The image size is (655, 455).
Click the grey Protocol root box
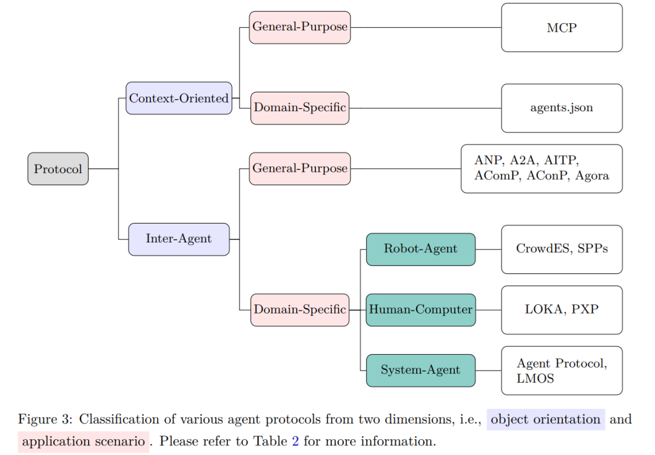pyautogui.click(x=58, y=169)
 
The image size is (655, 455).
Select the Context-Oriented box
pyautogui.click(x=179, y=98)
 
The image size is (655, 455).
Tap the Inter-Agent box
pyautogui.click(x=179, y=239)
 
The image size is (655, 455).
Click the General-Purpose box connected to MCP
pyautogui.click(x=300, y=27)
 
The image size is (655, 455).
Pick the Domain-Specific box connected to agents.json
pyautogui.click(x=300, y=108)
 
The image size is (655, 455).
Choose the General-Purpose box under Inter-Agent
pyautogui.click(x=300, y=168)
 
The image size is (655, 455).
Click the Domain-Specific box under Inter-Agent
pyautogui.click(x=300, y=310)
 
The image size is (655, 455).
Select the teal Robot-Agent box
pyautogui.click(x=420, y=249)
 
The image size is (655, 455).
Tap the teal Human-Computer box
pyautogui.click(x=420, y=310)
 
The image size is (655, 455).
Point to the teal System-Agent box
pyautogui.click(x=420, y=370)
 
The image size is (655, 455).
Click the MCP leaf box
pyautogui.click(x=562, y=28)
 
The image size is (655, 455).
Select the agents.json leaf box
pyautogui.click(x=562, y=108)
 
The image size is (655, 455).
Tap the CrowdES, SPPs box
pyautogui.click(x=562, y=249)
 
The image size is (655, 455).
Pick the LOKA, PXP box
pyautogui.click(x=562, y=310)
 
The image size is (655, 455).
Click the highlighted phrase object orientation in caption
pyautogui.click(x=545, y=420)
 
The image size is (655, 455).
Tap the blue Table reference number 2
pyautogui.click(x=295, y=441)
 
